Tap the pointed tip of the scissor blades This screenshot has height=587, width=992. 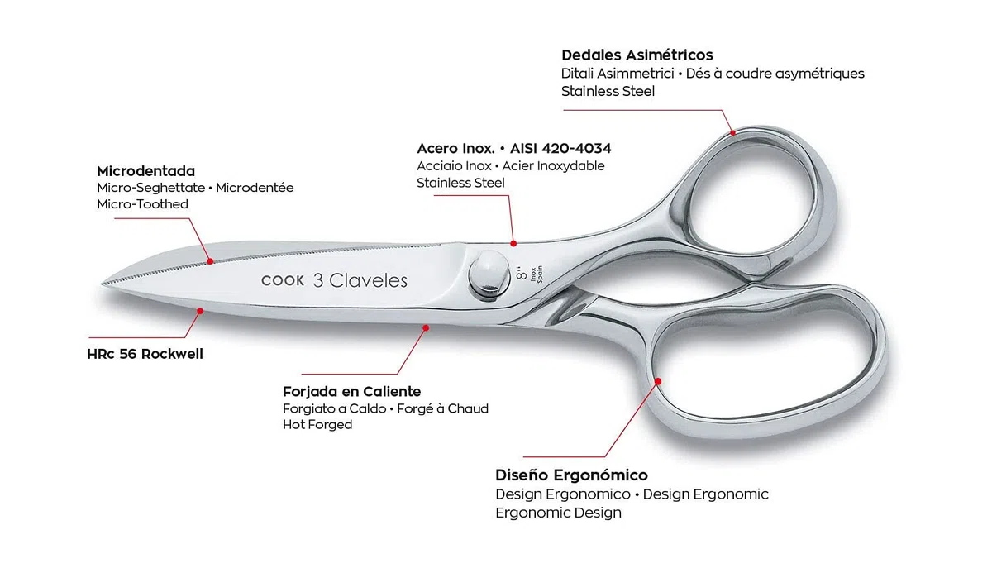point(103,283)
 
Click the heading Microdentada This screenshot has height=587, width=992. point(145,171)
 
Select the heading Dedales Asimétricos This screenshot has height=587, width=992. point(637,55)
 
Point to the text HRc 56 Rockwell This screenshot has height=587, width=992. point(145,354)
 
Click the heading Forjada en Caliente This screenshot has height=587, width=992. point(351,392)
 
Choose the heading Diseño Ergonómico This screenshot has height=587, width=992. point(571,475)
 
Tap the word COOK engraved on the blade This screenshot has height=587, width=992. point(283,281)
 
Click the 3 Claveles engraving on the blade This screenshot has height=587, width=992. point(360,280)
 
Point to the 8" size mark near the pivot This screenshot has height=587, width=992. point(522,274)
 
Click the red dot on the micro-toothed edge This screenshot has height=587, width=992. point(210,261)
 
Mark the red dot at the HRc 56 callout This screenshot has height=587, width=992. point(200,311)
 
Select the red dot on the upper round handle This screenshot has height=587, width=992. point(733,132)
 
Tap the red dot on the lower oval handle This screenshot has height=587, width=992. point(658,381)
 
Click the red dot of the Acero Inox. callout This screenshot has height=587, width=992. point(513,244)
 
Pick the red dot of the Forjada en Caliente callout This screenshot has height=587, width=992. point(426,328)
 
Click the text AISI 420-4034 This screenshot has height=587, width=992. point(560,149)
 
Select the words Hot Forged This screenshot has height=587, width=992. point(317,425)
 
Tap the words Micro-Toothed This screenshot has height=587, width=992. point(142,204)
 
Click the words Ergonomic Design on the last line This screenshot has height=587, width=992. point(558,513)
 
